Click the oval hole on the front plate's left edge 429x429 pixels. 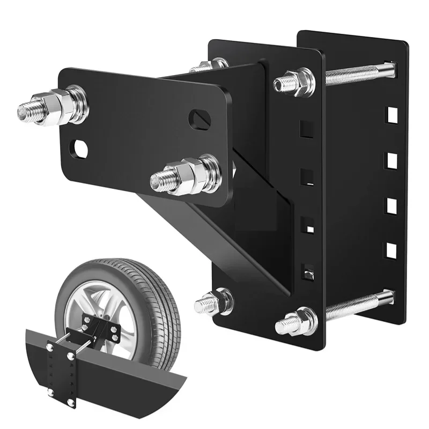point(80,149)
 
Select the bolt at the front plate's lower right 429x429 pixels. point(185,175)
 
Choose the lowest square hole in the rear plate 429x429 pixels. point(391,249)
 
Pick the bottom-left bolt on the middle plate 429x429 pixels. point(214,301)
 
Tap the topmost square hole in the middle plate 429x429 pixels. point(307,129)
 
